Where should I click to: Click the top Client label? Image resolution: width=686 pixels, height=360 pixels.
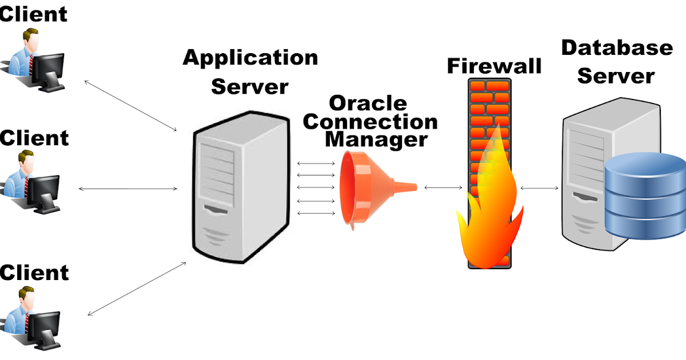coord(33,14)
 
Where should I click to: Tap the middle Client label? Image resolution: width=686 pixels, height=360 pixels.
coord(34,138)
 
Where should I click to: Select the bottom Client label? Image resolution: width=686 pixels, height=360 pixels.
coord(34,273)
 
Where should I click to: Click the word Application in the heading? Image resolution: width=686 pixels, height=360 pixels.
coord(250,58)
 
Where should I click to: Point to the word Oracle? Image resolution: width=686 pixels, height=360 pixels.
coord(368,103)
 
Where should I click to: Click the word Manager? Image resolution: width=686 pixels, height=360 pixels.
coord(376,139)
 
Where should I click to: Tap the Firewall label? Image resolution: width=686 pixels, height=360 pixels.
coord(494,66)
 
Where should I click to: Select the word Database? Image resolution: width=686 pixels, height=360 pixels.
coord(617,48)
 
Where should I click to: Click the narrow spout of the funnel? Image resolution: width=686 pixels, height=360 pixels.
coord(405,187)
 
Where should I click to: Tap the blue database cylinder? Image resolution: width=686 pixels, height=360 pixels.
coord(645,196)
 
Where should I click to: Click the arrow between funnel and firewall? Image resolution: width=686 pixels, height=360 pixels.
coord(443,187)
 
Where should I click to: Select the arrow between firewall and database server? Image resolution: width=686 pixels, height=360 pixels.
coord(539,188)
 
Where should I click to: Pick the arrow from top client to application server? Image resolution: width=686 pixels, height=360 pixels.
coord(130,106)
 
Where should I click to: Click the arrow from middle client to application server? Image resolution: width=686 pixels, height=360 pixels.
coord(128,189)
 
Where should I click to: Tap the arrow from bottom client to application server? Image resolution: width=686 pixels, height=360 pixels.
coord(137,289)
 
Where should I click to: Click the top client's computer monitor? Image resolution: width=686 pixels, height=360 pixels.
coord(49,71)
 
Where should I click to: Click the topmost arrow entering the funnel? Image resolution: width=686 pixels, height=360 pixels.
coord(316,163)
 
